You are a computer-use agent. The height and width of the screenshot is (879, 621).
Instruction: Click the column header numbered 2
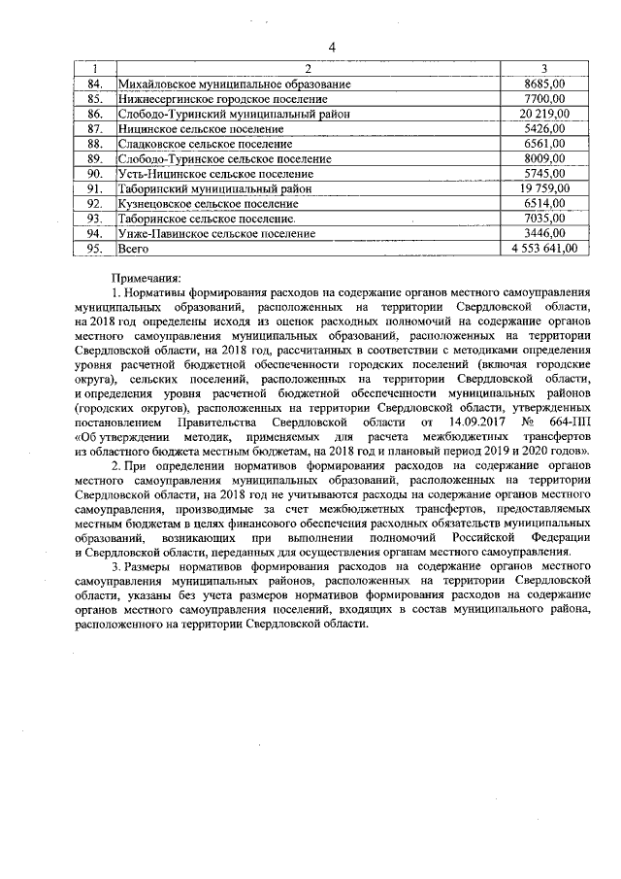point(308,69)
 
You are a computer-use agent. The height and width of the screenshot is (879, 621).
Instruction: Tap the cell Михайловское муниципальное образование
point(234,85)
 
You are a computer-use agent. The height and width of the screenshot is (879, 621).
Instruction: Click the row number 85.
point(95,99)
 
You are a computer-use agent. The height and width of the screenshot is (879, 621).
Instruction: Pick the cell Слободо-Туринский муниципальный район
point(229,114)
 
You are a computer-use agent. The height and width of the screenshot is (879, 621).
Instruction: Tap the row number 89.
point(95,158)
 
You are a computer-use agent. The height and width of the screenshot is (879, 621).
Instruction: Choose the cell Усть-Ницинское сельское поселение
point(209,173)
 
